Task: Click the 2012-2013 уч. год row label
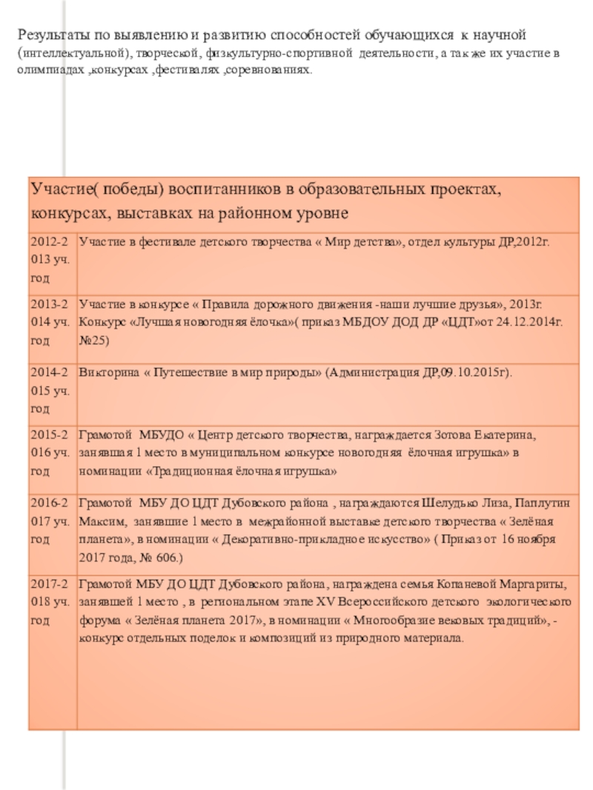51,259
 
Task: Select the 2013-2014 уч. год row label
51,322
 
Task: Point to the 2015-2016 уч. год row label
51,452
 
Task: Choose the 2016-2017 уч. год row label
51,522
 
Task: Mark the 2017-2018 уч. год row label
51,600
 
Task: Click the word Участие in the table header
62,190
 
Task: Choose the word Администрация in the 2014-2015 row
373,372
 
